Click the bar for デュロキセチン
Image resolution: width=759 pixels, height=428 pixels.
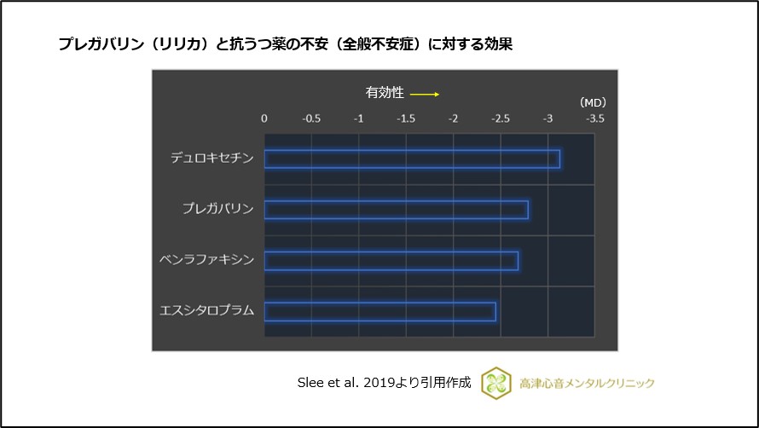(x=412, y=159)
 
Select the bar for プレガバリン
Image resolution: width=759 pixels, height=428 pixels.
(x=396, y=209)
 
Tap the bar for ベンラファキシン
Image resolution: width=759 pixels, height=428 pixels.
(x=391, y=260)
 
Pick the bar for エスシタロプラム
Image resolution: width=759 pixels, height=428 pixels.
(x=380, y=311)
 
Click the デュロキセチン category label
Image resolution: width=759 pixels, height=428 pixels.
(x=212, y=158)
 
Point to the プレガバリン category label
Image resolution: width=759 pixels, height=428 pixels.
(x=217, y=209)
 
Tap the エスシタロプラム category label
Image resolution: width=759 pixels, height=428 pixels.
(x=207, y=310)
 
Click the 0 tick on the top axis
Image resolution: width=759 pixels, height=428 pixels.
(x=264, y=119)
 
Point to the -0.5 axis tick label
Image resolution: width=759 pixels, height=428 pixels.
(x=311, y=119)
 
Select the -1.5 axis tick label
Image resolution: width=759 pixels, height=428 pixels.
(x=406, y=119)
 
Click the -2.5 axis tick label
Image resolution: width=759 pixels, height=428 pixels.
(x=500, y=119)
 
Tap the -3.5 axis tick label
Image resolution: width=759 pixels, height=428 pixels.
(x=594, y=119)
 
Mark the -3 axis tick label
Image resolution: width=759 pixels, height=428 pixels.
(x=548, y=119)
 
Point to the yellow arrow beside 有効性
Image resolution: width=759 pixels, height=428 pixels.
(x=424, y=94)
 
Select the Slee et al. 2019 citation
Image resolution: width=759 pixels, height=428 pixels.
(x=383, y=384)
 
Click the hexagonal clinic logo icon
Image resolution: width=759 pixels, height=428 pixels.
(x=495, y=384)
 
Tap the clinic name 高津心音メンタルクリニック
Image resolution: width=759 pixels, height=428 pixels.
(x=587, y=384)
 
